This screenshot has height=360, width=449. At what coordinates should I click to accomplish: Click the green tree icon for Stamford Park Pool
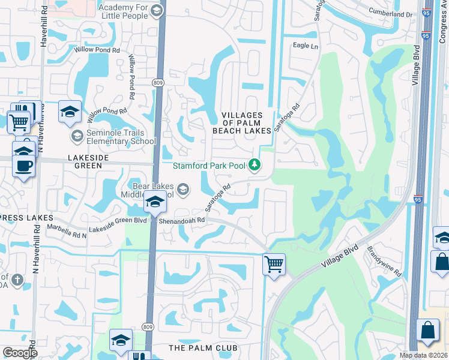click(x=255, y=164)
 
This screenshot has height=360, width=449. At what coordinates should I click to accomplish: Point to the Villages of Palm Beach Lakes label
click(x=242, y=122)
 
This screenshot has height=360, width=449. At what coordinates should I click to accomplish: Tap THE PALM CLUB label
click(x=203, y=348)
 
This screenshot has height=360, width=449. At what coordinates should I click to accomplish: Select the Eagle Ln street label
click(x=306, y=46)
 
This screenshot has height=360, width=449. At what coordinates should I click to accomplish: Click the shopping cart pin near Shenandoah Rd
click(x=274, y=264)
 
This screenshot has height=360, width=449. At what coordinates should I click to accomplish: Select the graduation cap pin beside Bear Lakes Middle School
click(x=155, y=203)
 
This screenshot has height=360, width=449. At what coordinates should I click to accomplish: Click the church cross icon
click(x=17, y=280)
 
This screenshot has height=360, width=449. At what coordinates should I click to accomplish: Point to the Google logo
click(x=20, y=353)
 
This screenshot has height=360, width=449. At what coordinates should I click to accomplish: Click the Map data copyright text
click(x=423, y=355)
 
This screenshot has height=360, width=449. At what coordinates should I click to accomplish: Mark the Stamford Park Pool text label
click(x=209, y=166)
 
